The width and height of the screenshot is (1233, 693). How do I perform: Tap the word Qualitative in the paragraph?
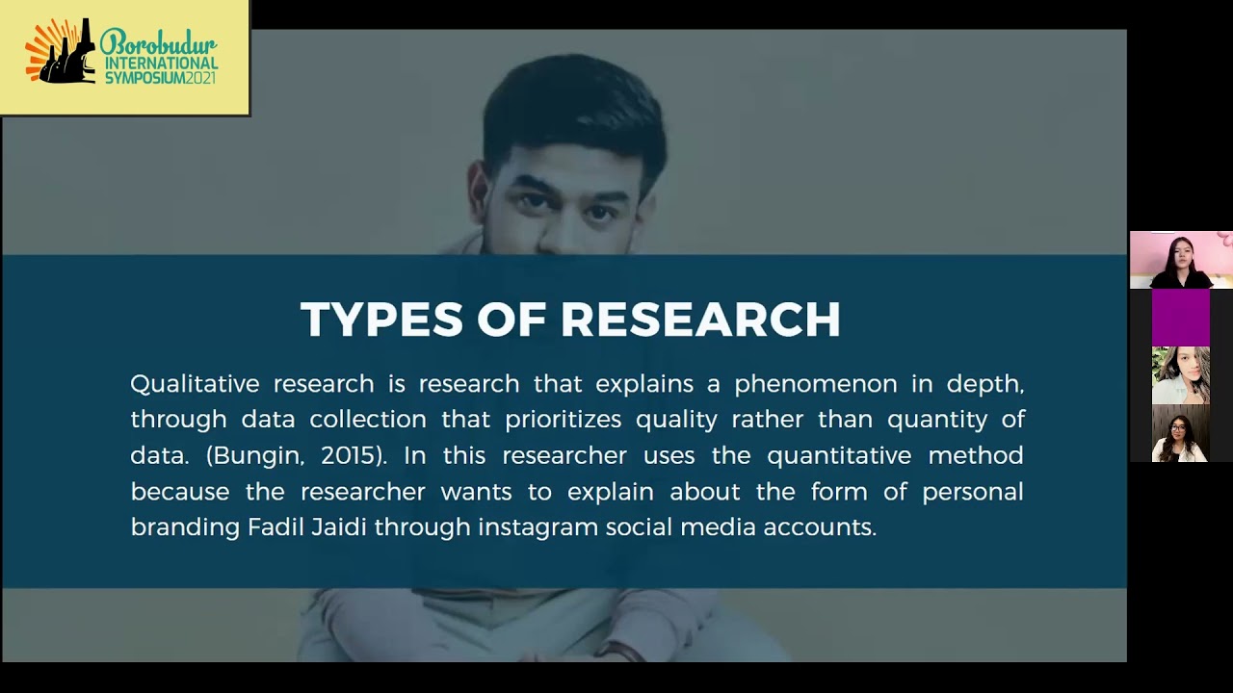point(195,384)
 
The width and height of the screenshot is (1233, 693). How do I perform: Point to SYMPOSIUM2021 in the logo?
point(161,77)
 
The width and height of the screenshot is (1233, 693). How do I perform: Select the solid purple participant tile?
point(1180,318)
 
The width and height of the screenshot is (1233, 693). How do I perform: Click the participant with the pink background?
point(1180,260)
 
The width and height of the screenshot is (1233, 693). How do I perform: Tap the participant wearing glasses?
point(1180,435)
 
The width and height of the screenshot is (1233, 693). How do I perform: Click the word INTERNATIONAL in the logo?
point(161,63)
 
